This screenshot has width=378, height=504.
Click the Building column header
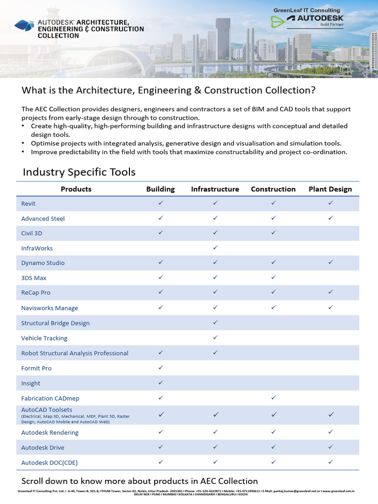[160, 189]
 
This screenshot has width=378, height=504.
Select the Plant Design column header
[330, 189]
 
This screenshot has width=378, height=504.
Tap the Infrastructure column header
[215, 189]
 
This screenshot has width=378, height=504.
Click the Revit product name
[29, 204]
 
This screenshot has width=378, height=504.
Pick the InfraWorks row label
[37, 249]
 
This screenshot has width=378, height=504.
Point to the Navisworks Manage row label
[49, 308]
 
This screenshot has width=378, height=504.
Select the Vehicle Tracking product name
[44, 338]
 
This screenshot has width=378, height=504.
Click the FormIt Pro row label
[36, 368]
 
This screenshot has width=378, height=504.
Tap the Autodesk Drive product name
[43, 448]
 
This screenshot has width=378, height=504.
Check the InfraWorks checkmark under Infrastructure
[215, 248]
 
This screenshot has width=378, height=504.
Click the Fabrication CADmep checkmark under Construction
[273, 397]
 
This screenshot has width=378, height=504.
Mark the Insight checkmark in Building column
[160, 382]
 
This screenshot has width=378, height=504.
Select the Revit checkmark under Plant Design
[330, 203]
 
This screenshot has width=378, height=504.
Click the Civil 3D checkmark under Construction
[273, 232]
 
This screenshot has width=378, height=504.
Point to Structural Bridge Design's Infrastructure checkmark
[215, 322]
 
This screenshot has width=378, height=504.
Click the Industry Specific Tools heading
[79, 172]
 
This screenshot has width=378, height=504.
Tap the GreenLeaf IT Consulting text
[307, 10]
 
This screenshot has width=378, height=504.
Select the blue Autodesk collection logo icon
[25, 26]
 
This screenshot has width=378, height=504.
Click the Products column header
[76, 189]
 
